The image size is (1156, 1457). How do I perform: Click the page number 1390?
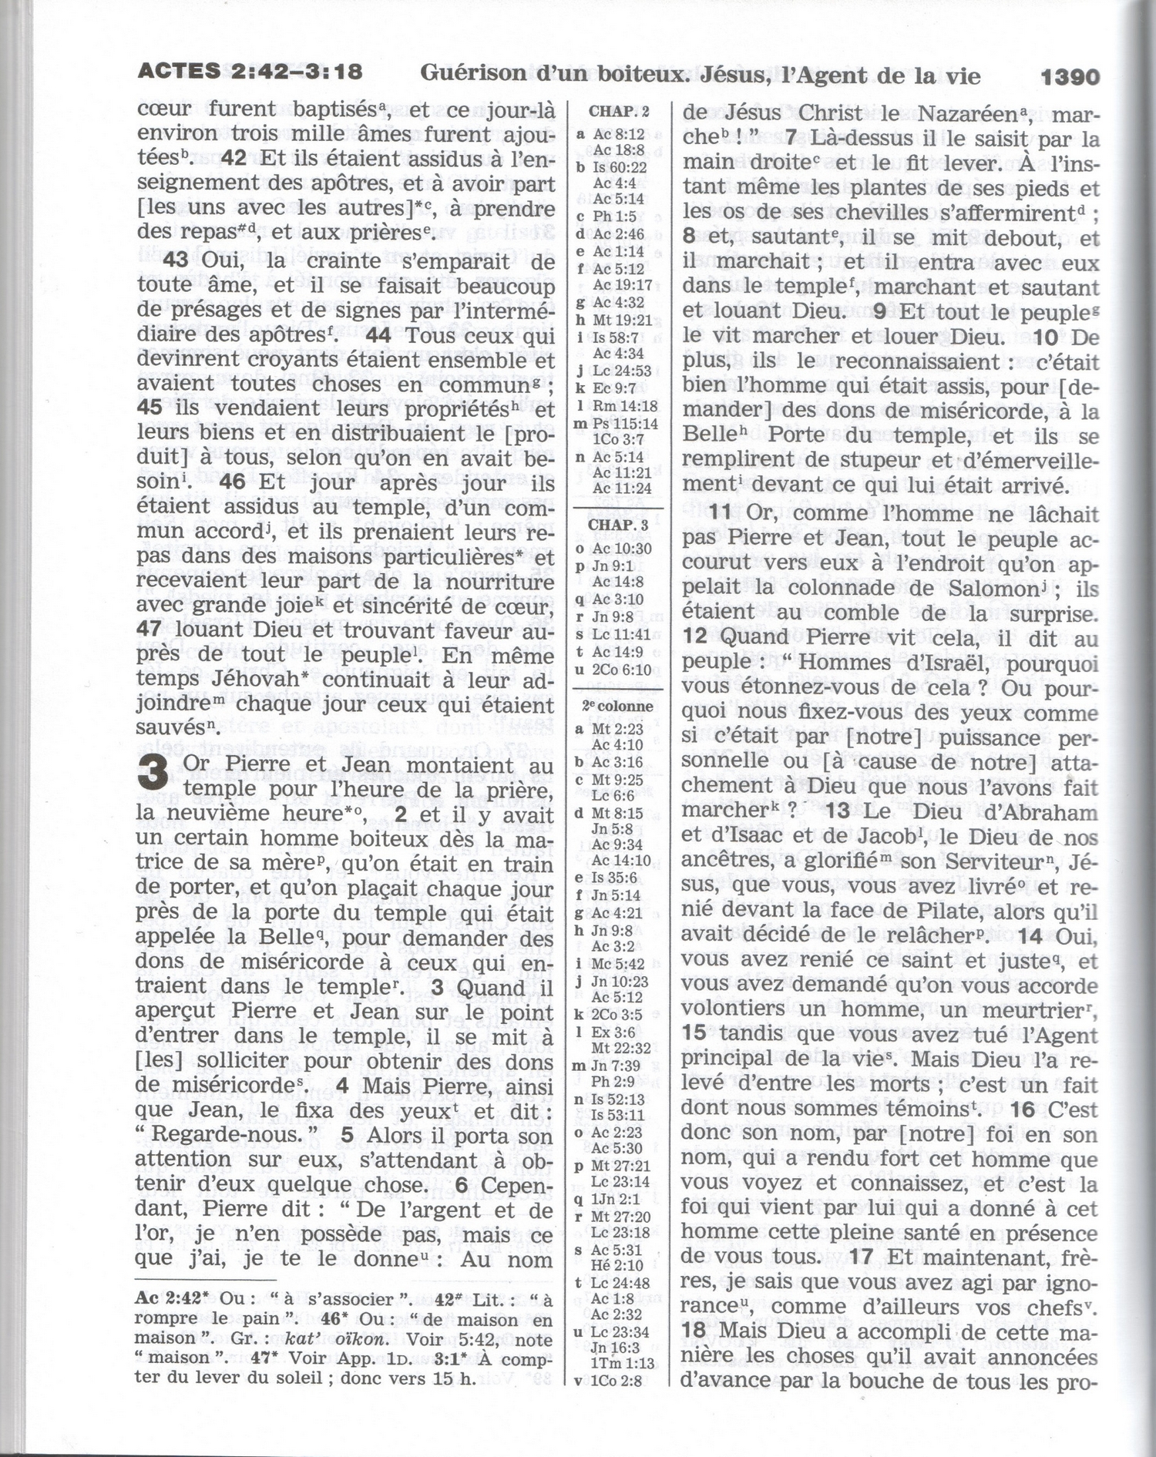1069,76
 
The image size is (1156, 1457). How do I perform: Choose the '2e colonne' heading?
617,707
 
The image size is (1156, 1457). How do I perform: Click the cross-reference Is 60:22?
620,167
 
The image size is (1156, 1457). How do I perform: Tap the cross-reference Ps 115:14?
625,424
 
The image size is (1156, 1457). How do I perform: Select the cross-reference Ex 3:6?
613,1032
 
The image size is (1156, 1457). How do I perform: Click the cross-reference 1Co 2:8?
617,1381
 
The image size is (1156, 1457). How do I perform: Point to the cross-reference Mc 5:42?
617,963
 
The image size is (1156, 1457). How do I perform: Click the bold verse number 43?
176,260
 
